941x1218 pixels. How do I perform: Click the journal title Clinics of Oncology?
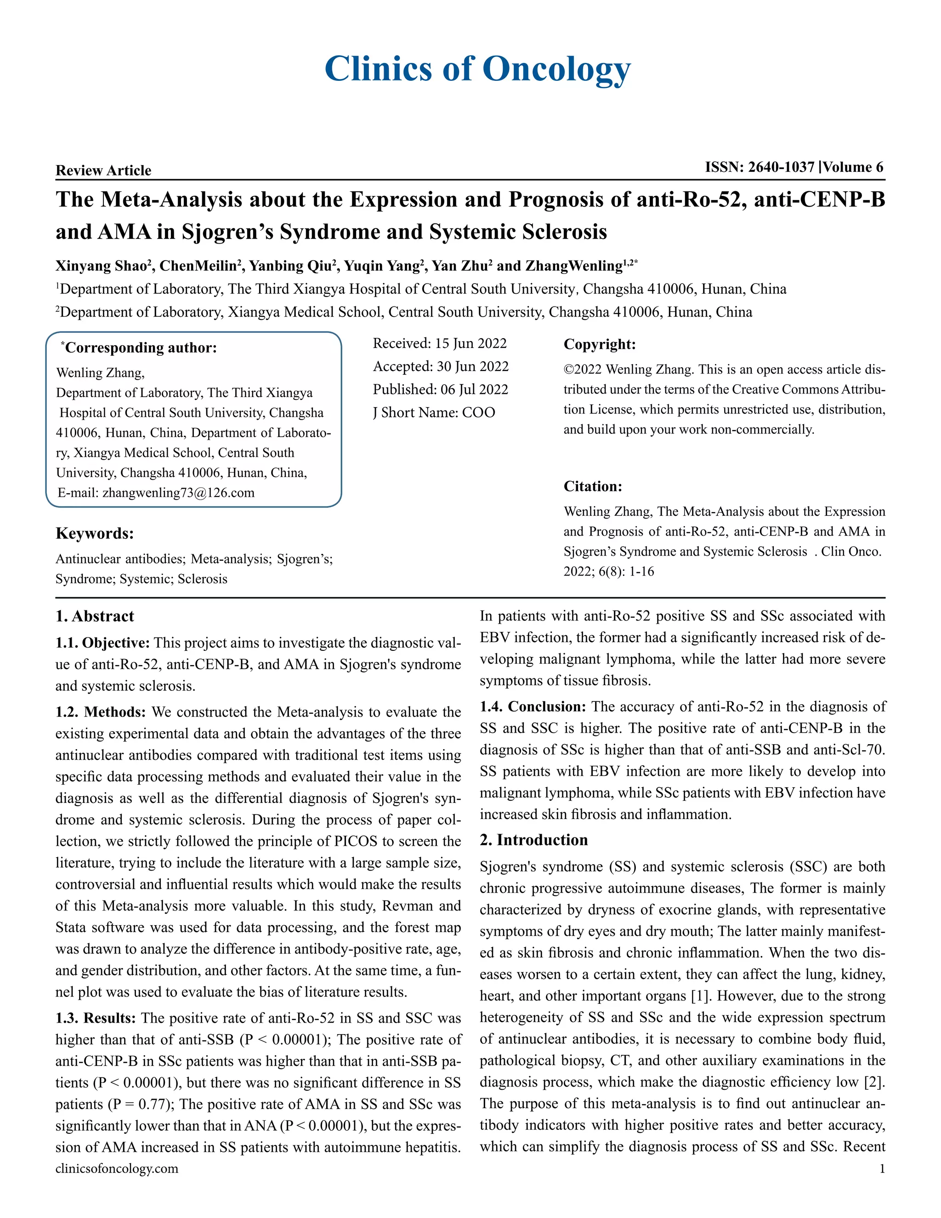(477, 69)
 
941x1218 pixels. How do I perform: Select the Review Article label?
(103, 170)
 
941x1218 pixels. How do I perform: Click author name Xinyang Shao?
(101, 266)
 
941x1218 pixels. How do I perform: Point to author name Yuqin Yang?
(381, 266)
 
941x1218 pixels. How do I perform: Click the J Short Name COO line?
(434, 412)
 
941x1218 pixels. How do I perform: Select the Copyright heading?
(599, 344)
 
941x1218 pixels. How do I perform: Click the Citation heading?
(593, 486)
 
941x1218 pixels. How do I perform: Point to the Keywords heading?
(94, 533)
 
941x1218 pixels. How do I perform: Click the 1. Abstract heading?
(95, 616)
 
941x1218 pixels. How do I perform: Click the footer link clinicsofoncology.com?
(117, 1168)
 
